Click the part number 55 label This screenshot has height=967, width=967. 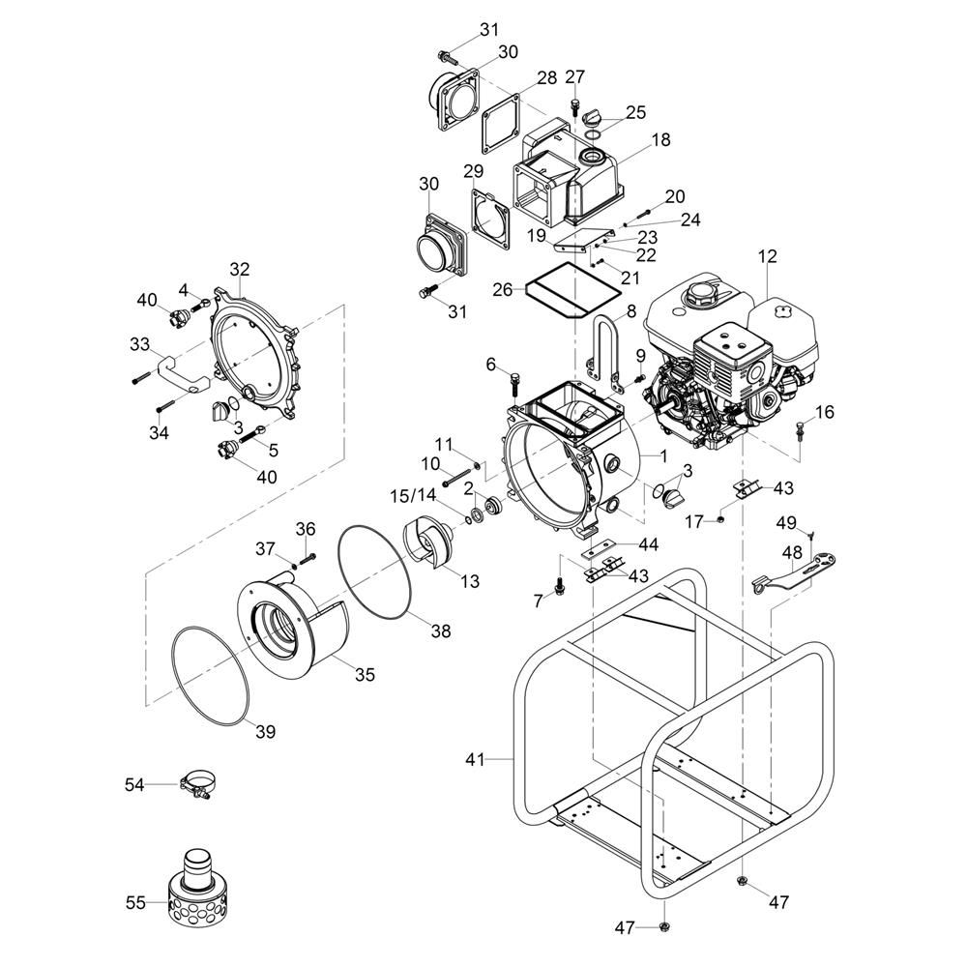[x=135, y=902]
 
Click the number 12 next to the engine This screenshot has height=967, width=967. [x=768, y=255]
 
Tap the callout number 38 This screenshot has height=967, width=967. [x=441, y=630]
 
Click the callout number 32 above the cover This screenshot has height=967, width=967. [x=240, y=269]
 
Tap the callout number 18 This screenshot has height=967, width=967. [x=660, y=140]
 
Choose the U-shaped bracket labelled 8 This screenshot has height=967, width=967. [x=603, y=348]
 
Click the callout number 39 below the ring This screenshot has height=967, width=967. [x=265, y=732]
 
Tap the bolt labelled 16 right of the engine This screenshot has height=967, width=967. [x=801, y=430]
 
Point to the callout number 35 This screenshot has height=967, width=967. [x=366, y=675]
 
